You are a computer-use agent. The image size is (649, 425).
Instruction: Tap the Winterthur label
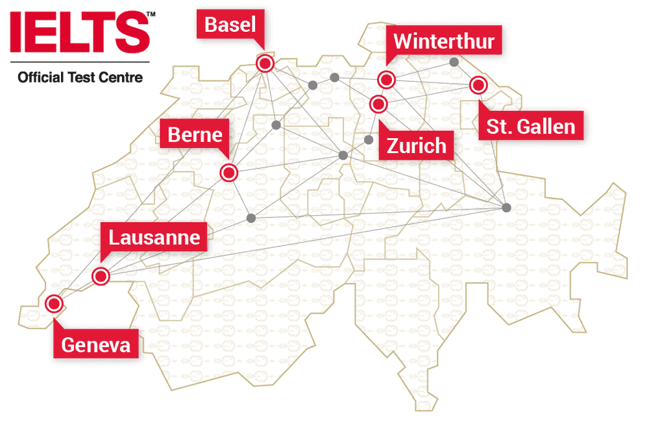click(443, 42)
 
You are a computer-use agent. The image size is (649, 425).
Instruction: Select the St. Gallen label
click(531, 126)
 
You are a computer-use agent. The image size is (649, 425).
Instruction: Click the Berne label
click(195, 135)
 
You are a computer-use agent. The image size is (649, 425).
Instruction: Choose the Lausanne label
click(154, 237)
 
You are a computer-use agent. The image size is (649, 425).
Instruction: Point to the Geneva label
click(95, 345)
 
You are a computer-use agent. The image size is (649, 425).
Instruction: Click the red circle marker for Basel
click(265, 63)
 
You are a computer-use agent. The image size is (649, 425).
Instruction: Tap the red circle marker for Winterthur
click(387, 80)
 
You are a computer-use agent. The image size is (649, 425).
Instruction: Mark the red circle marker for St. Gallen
click(478, 85)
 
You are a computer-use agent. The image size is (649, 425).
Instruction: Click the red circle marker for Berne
click(229, 173)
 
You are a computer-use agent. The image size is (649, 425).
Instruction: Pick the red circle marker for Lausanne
click(101, 276)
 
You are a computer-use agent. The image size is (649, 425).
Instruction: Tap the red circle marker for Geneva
click(54, 303)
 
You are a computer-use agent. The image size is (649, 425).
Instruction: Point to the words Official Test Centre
click(80, 77)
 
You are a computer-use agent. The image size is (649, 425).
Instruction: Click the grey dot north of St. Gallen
click(454, 62)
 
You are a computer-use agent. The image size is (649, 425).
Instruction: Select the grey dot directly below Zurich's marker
click(369, 140)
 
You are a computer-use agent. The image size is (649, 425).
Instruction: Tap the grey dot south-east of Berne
click(252, 217)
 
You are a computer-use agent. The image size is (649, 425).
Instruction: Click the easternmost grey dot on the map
click(506, 207)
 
